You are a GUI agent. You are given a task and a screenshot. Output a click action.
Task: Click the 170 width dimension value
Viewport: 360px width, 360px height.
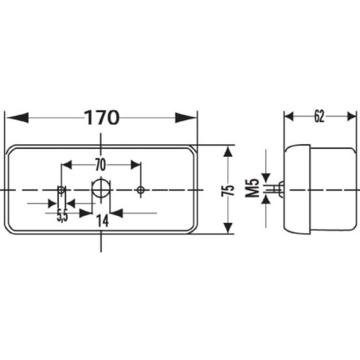click(x=102, y=117)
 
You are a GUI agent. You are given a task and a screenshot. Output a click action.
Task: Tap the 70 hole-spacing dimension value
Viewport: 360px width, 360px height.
click(x=100, y=165)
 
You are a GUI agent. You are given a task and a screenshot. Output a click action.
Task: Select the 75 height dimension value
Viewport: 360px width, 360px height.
click(x=229, y=190)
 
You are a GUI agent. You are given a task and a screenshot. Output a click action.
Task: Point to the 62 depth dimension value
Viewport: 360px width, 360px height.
click(x=319, y=116)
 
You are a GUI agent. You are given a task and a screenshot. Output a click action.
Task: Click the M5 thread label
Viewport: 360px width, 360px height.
click(x=252, y=188)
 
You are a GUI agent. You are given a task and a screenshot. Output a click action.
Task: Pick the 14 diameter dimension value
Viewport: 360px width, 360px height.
click(x=103, y=221)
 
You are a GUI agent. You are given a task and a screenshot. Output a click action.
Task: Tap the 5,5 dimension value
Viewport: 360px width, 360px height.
click(x=62, y=216)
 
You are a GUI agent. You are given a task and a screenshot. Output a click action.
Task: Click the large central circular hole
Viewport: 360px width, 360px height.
click(x=101, y=189)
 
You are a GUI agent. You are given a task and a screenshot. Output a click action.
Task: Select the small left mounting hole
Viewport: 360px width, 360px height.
click(x=61, y=190)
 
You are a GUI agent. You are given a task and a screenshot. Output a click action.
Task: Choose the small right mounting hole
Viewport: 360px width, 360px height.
click(x=140, y=190)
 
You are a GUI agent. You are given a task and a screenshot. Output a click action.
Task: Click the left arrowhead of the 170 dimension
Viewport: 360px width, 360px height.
click(x=18, y=117)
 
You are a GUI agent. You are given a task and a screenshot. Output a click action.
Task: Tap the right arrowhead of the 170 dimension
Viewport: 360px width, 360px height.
click(x=186, y=117)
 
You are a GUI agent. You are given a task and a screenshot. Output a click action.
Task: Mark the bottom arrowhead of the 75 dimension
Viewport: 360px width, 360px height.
click(x=228, y=228)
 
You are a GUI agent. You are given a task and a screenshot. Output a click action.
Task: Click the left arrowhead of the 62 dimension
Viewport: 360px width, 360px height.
click(x=289, y=116)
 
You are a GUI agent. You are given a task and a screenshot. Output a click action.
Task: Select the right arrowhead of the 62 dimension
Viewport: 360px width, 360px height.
click(x=351, y=116)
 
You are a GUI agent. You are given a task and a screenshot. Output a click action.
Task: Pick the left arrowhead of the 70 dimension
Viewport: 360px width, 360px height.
click(x=67, y=165)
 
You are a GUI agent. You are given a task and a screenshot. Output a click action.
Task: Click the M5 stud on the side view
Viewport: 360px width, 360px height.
click(x=278, y=189)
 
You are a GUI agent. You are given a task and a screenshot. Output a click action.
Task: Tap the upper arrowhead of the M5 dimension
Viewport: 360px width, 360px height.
click(x=266, y=178)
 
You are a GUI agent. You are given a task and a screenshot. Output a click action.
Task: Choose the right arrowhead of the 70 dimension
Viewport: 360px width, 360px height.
click(x=135, y=165)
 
